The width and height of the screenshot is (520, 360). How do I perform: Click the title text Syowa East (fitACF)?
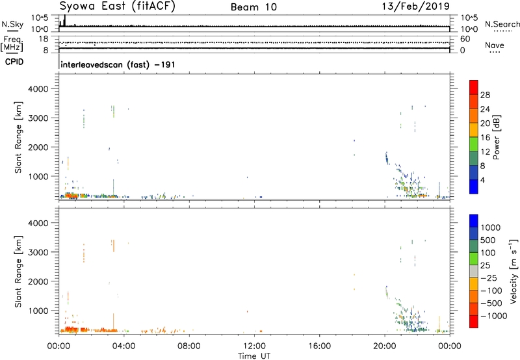pos(117,6)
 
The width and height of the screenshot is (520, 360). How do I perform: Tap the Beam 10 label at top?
pos(253,7)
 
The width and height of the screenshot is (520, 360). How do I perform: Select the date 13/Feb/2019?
pos(416,6)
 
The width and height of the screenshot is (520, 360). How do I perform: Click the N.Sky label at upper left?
pos(12,24)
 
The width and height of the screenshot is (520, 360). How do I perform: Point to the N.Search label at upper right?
pos(502,24)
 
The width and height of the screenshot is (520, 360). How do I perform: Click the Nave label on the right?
pos(495,45)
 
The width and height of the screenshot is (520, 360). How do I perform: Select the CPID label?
pos(14,62)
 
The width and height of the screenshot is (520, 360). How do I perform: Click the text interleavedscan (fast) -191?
pos(118,64)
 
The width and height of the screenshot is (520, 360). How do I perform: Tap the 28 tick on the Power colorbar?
pos(485,95)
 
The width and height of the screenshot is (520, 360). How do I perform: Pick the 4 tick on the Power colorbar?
pos(482,180)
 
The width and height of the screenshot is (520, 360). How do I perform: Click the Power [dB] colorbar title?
pos(496,137)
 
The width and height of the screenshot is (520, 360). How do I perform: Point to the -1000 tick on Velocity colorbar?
pos(493,316)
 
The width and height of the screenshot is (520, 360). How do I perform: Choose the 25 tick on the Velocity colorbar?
pos(485,266)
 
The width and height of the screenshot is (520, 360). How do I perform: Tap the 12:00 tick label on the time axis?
pos(254,346)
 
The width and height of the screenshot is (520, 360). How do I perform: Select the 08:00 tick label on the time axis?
pos(189,346)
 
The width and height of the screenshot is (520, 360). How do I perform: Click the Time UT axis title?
pos(254,356)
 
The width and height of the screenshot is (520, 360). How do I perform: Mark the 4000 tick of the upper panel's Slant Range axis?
pos(39,89)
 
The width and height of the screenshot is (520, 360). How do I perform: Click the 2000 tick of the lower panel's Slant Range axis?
pos(39,281)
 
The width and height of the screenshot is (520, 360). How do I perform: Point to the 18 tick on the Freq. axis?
pos(44,39)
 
